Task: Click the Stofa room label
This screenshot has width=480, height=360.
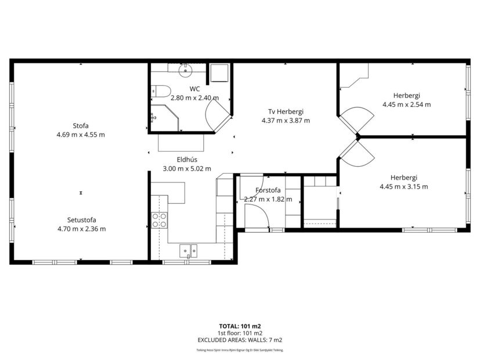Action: pyautogui.click(x=81, y=125)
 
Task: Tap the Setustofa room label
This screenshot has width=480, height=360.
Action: pyautogui.click(x=81, y=219)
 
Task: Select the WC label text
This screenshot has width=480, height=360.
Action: pyautogui.click(x=194, y=89)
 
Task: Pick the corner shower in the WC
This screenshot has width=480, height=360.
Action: pyautogui.click(x=163, y=118)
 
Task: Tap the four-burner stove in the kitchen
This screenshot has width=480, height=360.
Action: pyautogui.click(x=160, y=220)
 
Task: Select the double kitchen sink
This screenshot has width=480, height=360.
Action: pyautogui.click(x=189, y=250)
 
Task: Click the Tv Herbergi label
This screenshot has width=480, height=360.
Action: pyautogui.click(x=286, y=111)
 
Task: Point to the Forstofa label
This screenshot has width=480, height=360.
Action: pyautogui.click(x=268, y=190)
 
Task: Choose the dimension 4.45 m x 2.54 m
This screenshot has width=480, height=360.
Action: pyautogui.click(x=406, y=105)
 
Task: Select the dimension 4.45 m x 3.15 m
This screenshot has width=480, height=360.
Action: pyautogui.click(x=403, y=186)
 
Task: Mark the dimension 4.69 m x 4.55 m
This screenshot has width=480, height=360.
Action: pyautogui.click(x=81, y=135)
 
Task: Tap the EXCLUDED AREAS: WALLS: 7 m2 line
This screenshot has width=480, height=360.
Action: pyautogui.click(x=240, y=340)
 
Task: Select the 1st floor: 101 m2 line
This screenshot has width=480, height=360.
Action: pyautogui.click(x=240, y=333)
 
